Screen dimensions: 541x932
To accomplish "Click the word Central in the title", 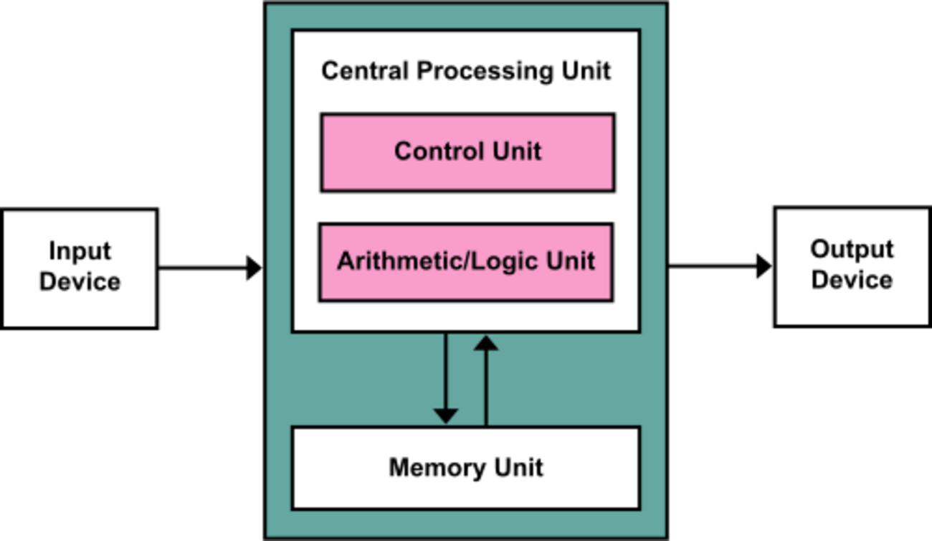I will pos(366,71).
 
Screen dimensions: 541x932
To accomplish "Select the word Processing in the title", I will pos(485,72).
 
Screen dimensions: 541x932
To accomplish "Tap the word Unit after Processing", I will pos(586,71).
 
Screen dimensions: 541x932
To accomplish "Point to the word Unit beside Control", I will pos(516,151).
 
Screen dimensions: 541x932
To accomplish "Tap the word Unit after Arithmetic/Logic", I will pos(570,260).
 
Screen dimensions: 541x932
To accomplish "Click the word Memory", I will pos(437,468).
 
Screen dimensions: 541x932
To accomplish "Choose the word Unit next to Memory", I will pos(518,468).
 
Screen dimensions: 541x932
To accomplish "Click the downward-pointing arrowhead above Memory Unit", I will pos(446,415).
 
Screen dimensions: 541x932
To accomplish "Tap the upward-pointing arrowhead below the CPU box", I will pos(486,344).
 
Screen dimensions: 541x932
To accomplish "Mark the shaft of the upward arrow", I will pos(486,387).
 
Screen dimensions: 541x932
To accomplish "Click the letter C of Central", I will pos(330,71).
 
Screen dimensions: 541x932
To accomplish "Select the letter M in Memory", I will pos(400,468).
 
